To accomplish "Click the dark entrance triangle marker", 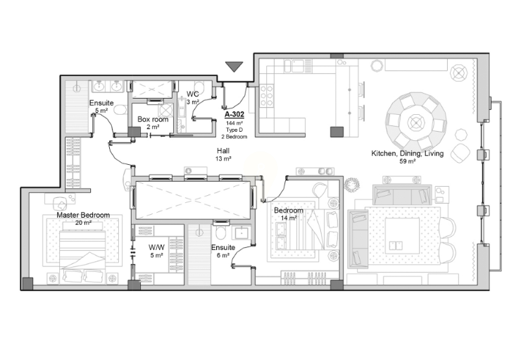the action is [234, 66].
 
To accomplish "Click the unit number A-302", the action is [234, 114].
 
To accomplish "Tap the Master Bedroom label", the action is [83, 215].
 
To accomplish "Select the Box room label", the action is [153, 119].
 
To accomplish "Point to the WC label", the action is [193, 94].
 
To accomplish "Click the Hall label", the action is [223, 151].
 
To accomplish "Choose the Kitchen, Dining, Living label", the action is [408, 154].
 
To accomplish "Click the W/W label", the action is [156, 248].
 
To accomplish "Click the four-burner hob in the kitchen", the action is [266, 96].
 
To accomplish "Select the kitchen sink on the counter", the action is [297, 66].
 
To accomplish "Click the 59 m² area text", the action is [408, 161].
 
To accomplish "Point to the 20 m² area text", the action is [83, 223].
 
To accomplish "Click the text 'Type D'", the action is [234, 130].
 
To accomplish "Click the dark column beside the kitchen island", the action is [337, 132].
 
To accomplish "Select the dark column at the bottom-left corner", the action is [27, 283].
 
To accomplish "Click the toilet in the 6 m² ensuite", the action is [220, 232].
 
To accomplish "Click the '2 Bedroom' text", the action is [234, 137].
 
